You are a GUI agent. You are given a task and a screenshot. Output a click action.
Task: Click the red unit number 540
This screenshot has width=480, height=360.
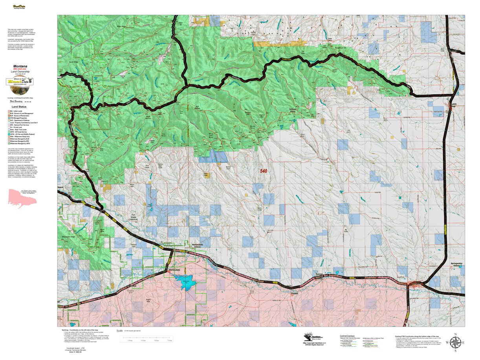pos(266,171)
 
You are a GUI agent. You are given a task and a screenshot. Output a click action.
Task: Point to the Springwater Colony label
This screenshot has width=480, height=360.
pos(457,265)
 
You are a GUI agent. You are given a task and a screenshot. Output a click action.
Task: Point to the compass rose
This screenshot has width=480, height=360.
pos(455,343)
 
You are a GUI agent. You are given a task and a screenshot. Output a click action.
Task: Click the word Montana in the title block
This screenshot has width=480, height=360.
pos(20,66)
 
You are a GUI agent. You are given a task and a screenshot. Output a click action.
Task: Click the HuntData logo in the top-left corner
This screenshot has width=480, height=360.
pos(17,7)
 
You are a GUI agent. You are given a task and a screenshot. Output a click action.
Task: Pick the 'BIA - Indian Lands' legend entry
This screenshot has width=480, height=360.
pos(18,111)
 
